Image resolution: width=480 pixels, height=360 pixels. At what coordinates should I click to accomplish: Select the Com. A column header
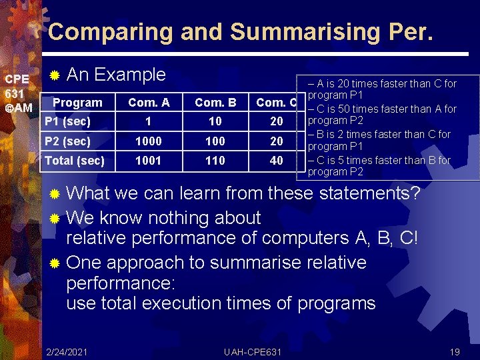[x=149, y=103]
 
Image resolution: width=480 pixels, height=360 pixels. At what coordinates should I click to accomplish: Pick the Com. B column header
[x=215, y=103]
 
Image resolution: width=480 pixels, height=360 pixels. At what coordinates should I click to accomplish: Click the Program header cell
[x=77, y=103]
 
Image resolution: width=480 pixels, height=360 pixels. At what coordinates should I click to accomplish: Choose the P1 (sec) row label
[x=67, y=121]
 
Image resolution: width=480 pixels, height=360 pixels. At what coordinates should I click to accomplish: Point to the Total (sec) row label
[x=75, y=161]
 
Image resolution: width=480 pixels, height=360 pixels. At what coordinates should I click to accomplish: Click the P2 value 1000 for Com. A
[x=149, y=141]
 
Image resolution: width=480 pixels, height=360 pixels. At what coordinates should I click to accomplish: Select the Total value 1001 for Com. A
[x=149, y=161]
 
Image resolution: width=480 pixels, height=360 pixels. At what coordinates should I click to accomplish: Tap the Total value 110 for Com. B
[x=215, y=161]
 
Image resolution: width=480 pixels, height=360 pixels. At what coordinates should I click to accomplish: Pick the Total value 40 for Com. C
[x=276, y=161]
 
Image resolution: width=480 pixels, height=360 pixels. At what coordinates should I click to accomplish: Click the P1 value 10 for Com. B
[x=215, y=121]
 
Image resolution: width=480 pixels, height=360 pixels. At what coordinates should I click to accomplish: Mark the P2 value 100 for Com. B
[x=215, y=141]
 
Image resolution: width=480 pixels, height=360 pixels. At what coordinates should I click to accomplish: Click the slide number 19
[x=455, y=351]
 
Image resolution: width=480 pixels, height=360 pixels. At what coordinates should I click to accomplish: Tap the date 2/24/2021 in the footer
[x=67, y=351]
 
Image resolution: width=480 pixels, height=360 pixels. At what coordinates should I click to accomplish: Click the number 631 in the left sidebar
[x=15, y=93]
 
